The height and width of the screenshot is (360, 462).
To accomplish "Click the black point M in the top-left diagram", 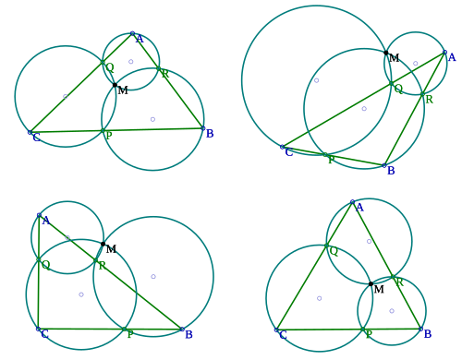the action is click(x=115, y=85).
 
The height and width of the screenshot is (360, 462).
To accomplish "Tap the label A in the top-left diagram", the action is click(x=140, y=39).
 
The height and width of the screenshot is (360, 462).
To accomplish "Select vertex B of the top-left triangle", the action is click(x=203, y=128).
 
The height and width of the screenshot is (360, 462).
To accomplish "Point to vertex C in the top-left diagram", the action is click(x=30, y=132).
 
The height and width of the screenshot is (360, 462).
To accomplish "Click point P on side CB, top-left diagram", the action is click(x=103, y=131).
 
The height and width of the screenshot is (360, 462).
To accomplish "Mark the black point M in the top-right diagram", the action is click(x=386, y=53).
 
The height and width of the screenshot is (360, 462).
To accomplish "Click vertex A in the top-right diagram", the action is click(x=444, y=53).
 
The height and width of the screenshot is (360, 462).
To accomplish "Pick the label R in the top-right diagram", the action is click(x=429, y=100).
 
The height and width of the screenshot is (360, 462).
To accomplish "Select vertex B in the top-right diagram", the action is click(x=384, y=165).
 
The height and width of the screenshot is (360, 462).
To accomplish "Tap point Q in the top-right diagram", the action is click(x=392, y=83).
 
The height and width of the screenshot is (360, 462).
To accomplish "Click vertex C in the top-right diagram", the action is click(x=282, y=147).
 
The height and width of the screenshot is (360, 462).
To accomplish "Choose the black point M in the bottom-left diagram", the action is click(x=103, y=244).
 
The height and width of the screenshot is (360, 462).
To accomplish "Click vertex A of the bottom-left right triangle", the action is click(x=39, y=215).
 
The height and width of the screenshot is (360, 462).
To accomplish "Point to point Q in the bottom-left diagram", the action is click(x=39, y=259).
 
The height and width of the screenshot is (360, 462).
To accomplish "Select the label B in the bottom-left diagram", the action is click(x=188, y=334).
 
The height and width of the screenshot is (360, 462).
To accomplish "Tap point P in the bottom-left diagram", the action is click(x=124, y=330).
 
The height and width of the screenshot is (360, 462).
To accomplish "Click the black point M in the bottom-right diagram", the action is click(x=371, y=283).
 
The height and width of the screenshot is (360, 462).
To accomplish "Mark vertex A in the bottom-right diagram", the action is click(x=353, y=202).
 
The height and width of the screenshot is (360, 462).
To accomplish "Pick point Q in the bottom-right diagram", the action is click(x=326, y=246).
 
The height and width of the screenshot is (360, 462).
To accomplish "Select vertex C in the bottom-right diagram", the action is click(x=276, y=330).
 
